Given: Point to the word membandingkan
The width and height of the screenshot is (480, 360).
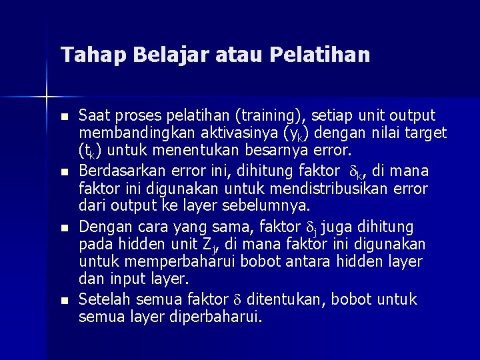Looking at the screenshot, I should [x=133, y=133].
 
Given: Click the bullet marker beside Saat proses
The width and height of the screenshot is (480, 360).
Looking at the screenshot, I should [x=64, y=117].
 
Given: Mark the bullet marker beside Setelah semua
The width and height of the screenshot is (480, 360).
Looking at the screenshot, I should [x=64, y=301].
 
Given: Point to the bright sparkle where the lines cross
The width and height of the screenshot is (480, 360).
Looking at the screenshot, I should [x=47, y=98].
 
